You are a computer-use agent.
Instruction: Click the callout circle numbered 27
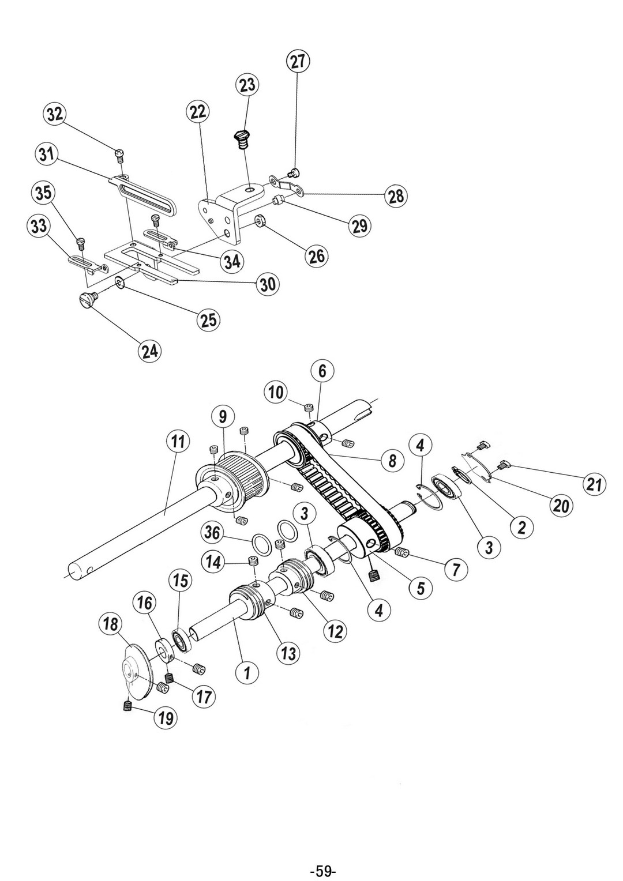point(298,61)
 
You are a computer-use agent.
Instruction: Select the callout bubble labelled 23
point(247,85)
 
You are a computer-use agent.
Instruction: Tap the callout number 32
point(54,115)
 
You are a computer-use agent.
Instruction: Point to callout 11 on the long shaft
point(175,442)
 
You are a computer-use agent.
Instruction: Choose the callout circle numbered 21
point(594,484)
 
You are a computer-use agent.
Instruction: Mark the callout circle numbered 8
point(392,461)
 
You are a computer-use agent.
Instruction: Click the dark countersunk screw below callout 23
point(242,138)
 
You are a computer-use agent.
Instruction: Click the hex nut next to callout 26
point(260,222)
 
